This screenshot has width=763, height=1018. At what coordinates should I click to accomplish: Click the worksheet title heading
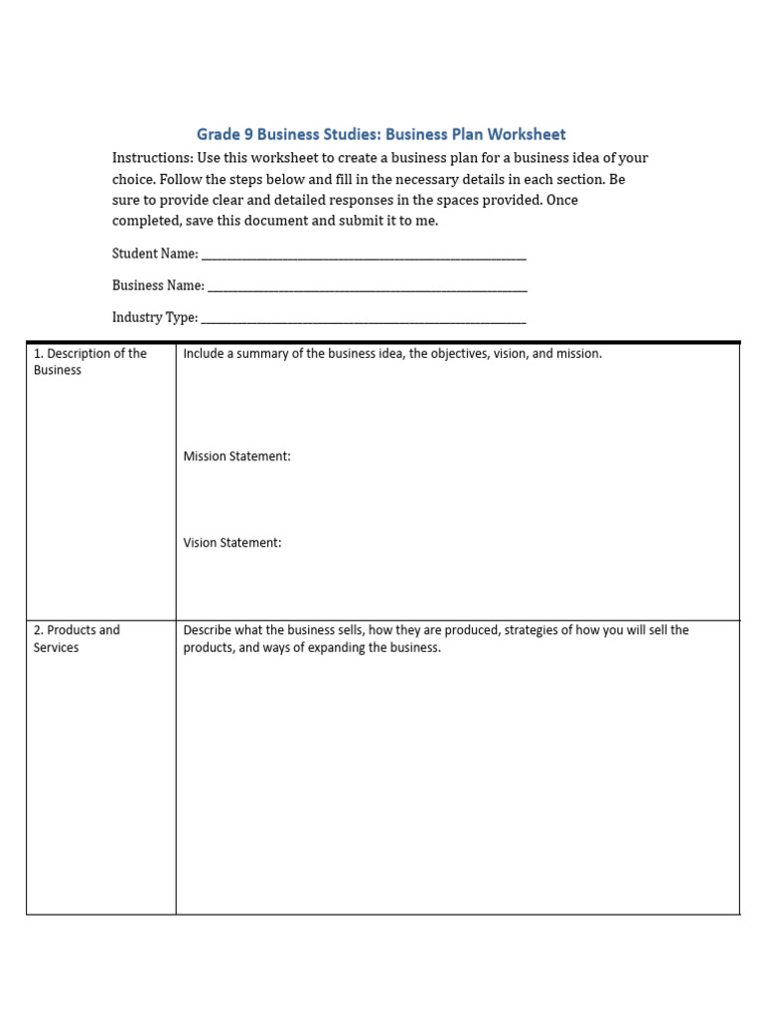(x=381, y=134)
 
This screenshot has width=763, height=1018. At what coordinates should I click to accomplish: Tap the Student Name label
(x=155, y=254)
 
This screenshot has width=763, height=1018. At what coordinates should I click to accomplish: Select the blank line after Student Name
(x=364, y=255)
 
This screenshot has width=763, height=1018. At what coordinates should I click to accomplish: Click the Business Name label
(x=158, y=285)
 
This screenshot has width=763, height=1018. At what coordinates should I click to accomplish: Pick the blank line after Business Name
(x=368, y=287)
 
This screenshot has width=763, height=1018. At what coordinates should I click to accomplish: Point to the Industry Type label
(x=155, y=318)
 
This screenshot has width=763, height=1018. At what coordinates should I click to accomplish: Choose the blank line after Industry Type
(x=364, y=320)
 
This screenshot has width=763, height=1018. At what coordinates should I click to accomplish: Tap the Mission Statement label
(x=236, y=456)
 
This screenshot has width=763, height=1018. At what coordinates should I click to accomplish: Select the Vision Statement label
(x=232, y=543)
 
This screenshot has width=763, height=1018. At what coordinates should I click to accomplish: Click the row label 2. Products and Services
(x=76, y=638)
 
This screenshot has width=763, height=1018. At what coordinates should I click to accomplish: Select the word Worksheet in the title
(x=526, y=134)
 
